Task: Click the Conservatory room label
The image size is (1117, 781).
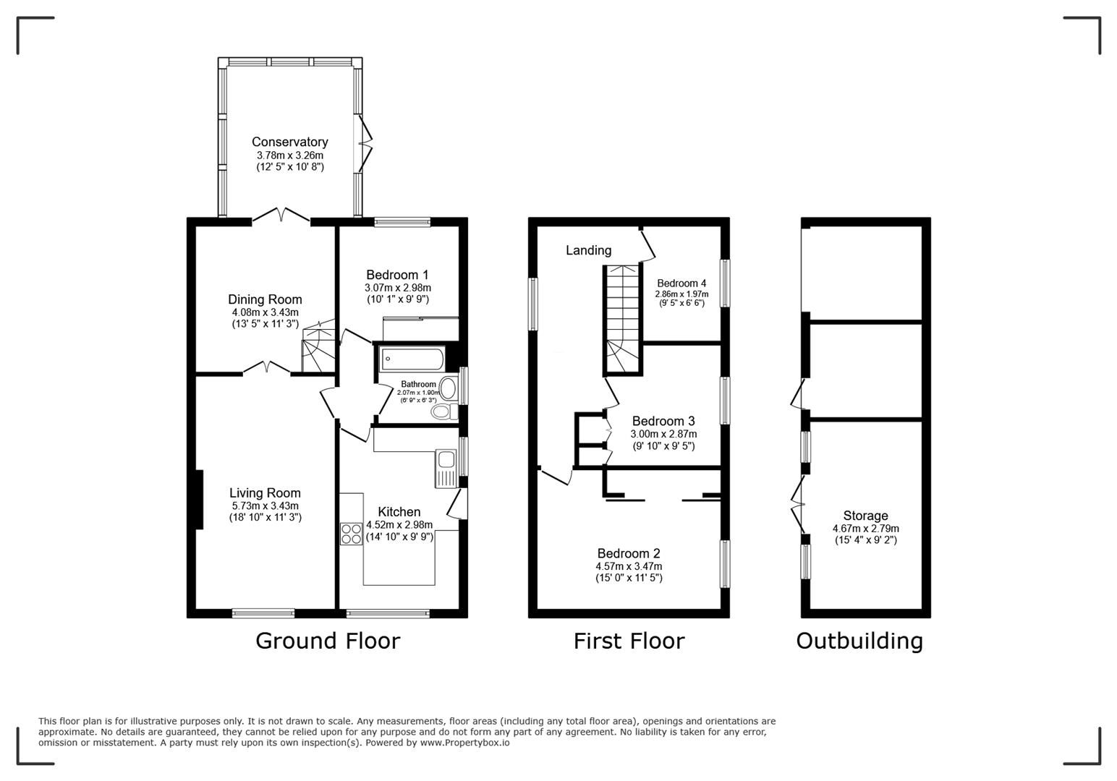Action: pos(289,142)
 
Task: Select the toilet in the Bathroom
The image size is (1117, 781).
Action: pos(443,411)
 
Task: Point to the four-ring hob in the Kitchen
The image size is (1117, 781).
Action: pos(352,534)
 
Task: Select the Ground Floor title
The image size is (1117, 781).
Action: pos(327,641)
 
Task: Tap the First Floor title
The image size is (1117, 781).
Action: pos(628,641)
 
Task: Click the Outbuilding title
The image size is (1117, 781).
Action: pos(859,641)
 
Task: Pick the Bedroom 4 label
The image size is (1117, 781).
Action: pos(681,283)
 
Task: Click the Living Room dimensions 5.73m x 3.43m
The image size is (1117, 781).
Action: pos(265,506)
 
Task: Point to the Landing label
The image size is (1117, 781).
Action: pos(588,250)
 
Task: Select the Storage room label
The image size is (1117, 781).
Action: pos(865,516)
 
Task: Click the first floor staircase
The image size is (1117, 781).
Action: pos(623,318)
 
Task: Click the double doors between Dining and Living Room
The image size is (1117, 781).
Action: pos(266,369)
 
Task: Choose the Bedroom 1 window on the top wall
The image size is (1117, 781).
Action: pos(402,223)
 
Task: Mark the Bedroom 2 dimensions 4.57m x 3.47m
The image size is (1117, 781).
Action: pos(628,566)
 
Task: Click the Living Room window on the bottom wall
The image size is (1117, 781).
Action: pos(263,613)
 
